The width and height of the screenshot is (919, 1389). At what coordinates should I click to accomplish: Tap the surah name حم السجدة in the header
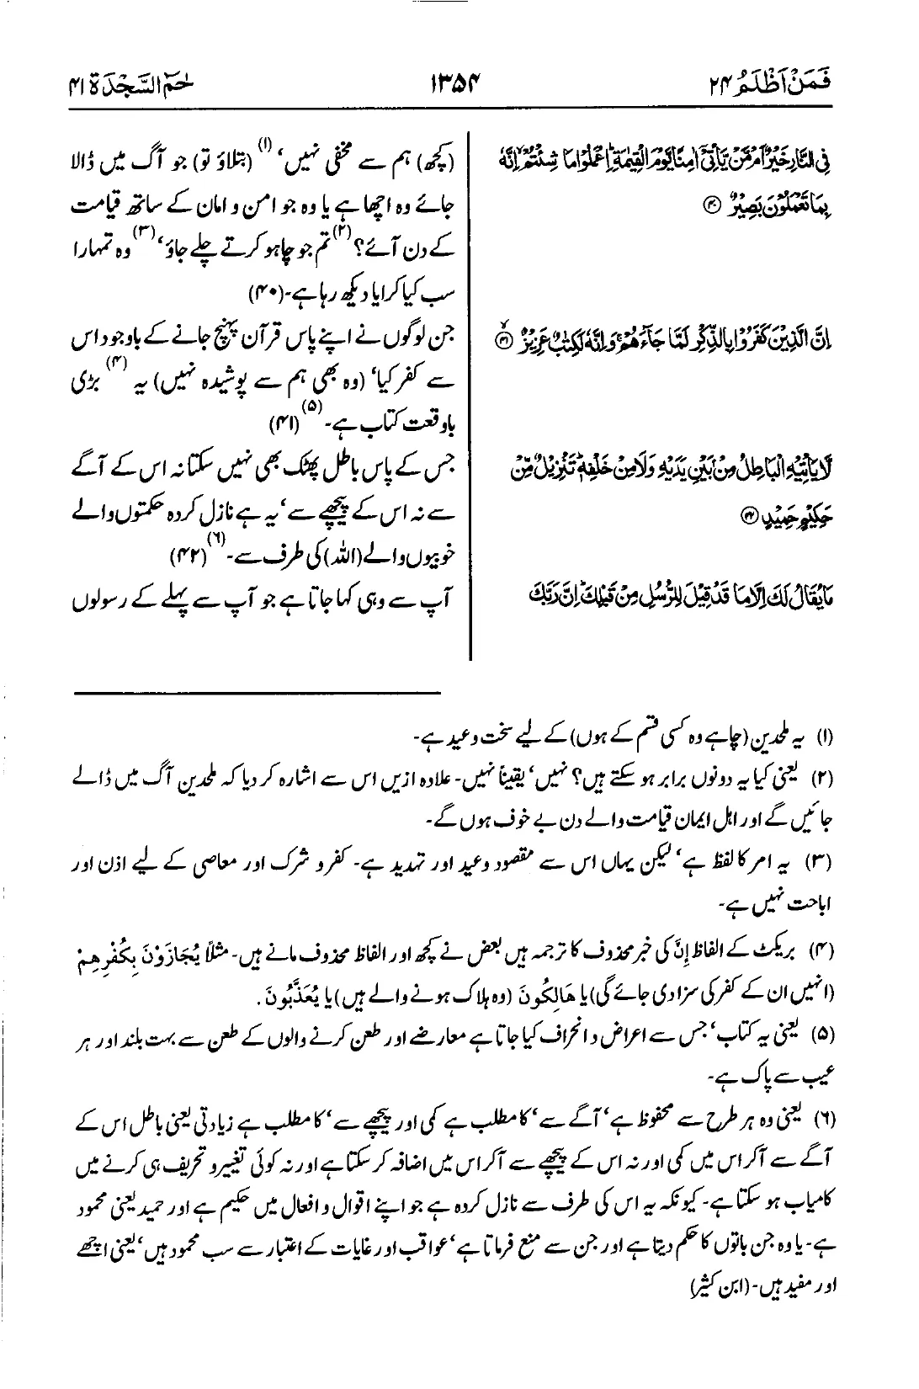click(x=122, y=85)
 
